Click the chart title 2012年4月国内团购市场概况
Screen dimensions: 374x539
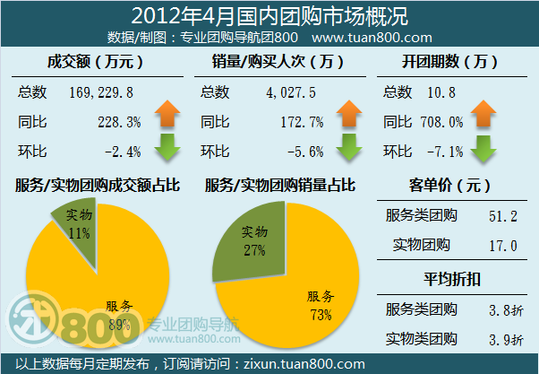click(269, 15)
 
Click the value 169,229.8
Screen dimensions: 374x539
click(101, 91)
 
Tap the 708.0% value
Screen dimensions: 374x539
click(444, 121)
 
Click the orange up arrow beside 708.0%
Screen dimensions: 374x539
click(483, 115)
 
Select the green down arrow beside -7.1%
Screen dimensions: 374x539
click(483, 147)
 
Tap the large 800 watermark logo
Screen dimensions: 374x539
click(90, 321)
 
